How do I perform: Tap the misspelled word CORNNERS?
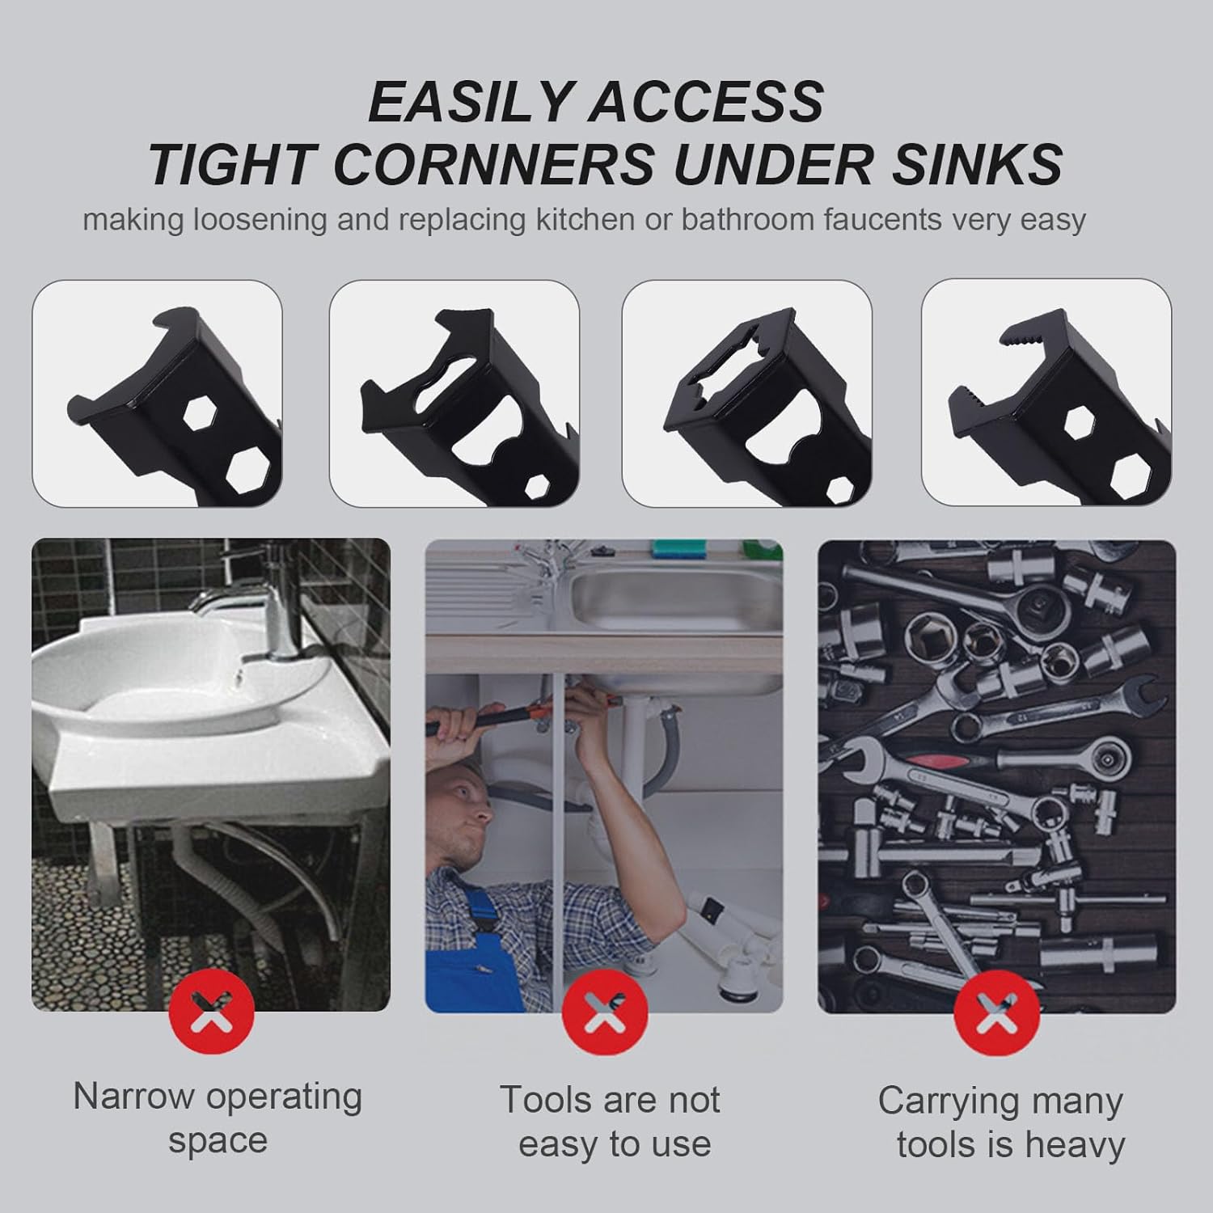tap(493, 164)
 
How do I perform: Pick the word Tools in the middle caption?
tap(538, 1101)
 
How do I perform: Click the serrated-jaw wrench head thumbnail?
tap(1046, 394)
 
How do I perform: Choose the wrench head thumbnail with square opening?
tap(746, 394)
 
